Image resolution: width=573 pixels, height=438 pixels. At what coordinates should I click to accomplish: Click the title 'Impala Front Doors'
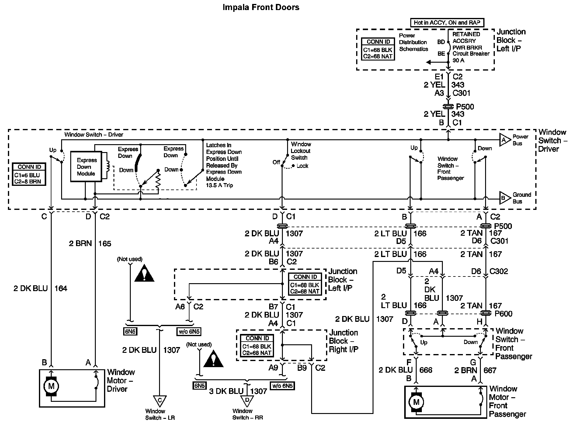coord(261,7)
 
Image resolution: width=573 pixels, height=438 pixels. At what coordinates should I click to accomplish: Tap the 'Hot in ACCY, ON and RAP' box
coord(447,23)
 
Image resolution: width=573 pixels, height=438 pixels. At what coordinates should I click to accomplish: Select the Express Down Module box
coord(86,167)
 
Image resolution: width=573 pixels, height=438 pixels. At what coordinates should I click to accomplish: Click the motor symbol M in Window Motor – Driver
coord(51,386)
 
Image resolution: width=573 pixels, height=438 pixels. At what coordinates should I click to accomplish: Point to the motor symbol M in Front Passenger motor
coord(416,402)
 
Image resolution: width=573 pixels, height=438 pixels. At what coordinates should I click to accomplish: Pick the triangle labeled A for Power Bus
coord(504,140)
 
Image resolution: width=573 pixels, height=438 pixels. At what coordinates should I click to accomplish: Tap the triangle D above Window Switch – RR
coord(247,400)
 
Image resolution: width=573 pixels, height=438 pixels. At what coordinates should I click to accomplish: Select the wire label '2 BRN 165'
coord(90,244)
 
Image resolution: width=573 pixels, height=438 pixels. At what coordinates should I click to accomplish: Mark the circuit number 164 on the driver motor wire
coord(61,288)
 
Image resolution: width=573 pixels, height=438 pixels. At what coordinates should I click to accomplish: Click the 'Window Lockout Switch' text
coord(300,151)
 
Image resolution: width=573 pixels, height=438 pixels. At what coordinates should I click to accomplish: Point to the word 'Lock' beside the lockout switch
coord(302,166)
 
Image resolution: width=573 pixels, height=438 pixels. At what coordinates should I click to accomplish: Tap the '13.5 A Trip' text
coord(219,185)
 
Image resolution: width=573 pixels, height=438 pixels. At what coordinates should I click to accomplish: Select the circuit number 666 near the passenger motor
coord(425,370)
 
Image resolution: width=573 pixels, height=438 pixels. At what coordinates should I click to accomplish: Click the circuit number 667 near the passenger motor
coord(490,370)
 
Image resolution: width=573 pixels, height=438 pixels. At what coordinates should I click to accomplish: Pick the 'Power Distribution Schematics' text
coord(413,42)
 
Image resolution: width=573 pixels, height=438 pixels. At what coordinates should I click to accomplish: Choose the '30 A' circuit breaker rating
coord(459,60)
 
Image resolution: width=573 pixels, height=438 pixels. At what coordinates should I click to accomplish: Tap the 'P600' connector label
coord(503,314)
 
